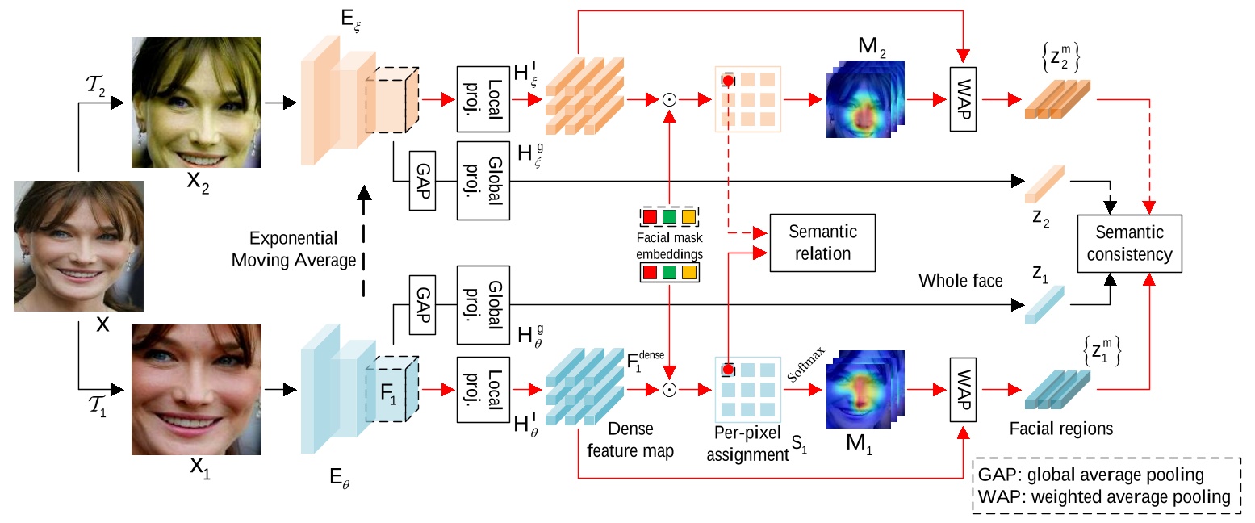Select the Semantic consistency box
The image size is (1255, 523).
pos(1130,244)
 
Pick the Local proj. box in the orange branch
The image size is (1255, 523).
pos(483,98)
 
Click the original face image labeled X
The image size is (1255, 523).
pos(78,245)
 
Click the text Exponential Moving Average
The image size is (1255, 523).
pos(294,250)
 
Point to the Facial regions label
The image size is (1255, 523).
pos(1063,429)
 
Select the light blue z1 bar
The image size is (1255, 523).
pos(1046,305)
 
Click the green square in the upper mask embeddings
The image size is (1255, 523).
pos(669,217)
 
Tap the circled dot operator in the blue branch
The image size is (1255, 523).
pos(668,390)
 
